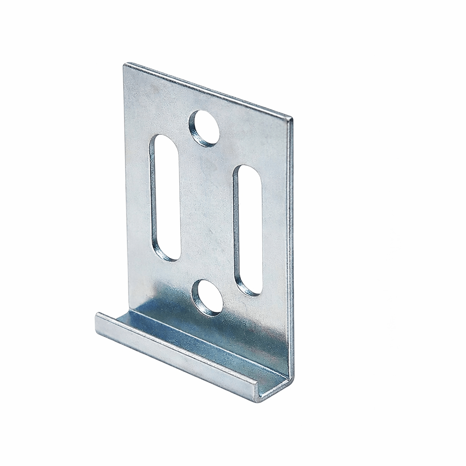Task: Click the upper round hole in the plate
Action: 204,128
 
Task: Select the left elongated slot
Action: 166,198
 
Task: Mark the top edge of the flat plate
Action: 207,91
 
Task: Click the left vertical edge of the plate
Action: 126,182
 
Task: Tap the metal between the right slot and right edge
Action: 275,228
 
